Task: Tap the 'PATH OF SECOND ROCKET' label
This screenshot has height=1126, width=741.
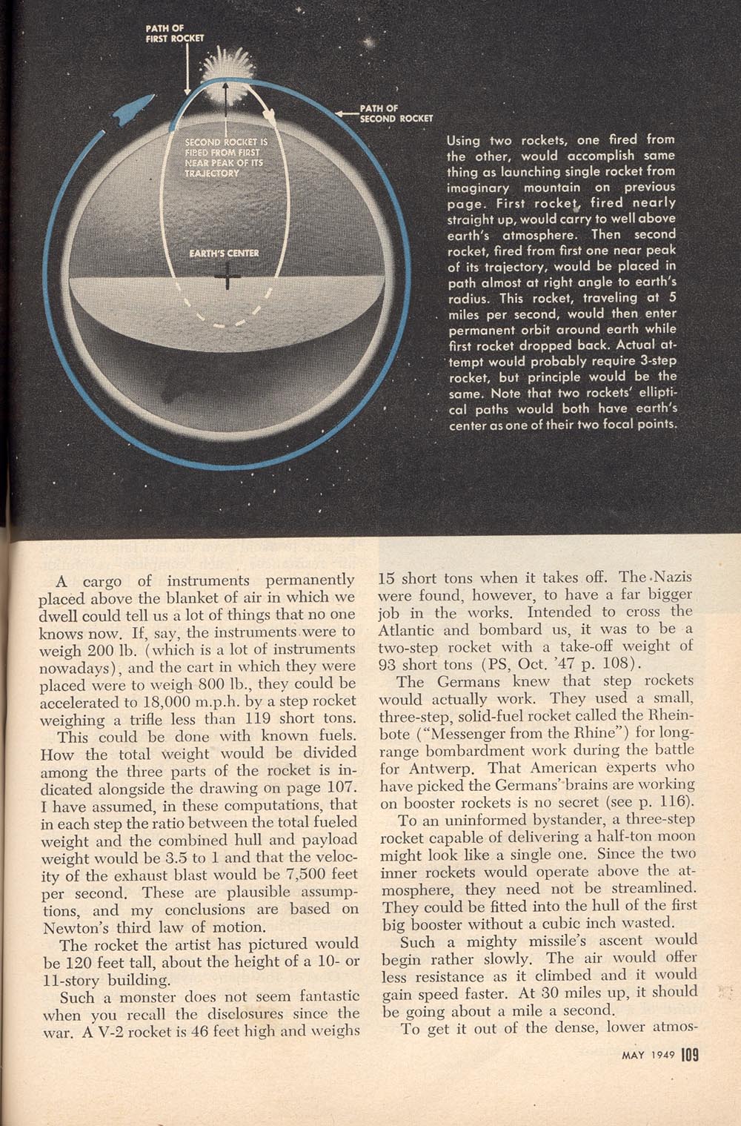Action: click(x=396, y=113)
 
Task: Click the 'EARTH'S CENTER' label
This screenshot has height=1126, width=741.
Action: click(x=224, y=253)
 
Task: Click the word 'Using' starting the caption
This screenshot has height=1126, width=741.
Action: click(x=463, y=140)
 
